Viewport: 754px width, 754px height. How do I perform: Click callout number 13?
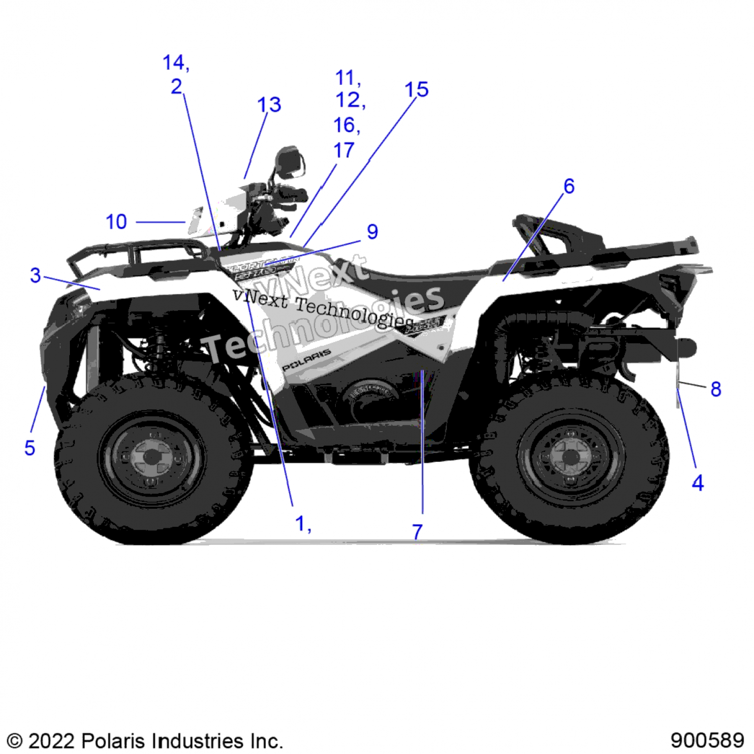tap(269, 105)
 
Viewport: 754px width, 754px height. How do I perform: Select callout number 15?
tap(416, 90)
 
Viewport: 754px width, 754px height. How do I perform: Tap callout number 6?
tap(569, 186)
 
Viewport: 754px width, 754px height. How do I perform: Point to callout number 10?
tap(116, 222)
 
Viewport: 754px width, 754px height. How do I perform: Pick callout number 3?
tap(35, 275)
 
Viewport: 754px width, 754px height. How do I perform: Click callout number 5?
tap(30, 447)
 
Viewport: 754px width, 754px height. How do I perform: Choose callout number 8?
tap(716, 389)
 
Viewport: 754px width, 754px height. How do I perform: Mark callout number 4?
tap(698, 483)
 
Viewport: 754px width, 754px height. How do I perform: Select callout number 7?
tap(417, 531)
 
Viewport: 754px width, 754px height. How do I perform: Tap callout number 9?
tap(372, 232)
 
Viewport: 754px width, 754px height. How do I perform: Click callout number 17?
tap(344, 150)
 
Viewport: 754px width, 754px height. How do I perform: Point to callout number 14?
tap(173, 63)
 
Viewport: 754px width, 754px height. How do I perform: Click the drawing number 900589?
tap(707, 740)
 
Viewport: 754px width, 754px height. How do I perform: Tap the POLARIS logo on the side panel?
tap(306, 360)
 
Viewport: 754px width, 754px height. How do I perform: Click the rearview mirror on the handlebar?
tap(290, 161)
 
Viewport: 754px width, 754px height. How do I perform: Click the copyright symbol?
tap(15, 741)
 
